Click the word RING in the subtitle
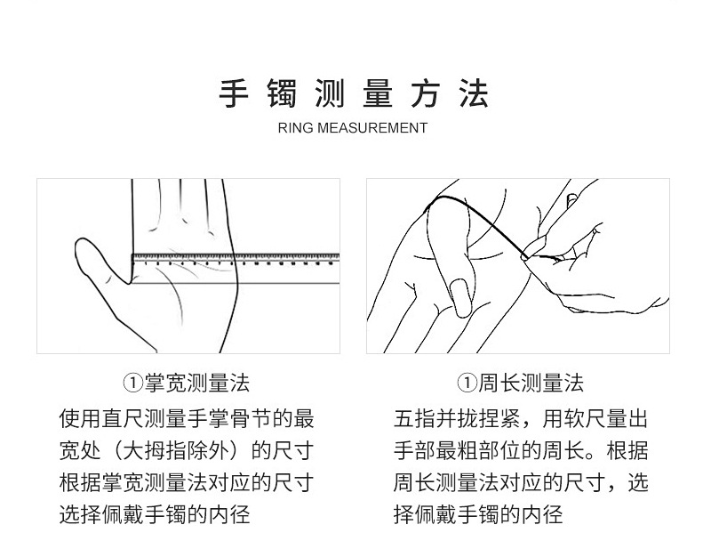pos(296,128)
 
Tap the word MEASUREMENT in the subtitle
pos(373,128)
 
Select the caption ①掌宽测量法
pos(186,383)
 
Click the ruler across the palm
pos(236,261)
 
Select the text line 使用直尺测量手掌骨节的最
pos(186,418)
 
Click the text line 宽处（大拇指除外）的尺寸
pos(186,450)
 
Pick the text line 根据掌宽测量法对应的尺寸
pos(186,482)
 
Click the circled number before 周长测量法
pos(465,383)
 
